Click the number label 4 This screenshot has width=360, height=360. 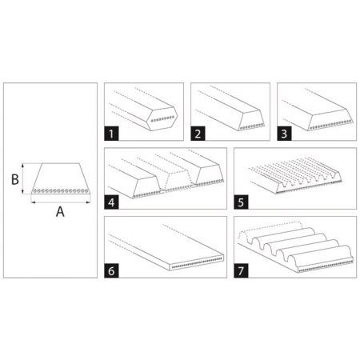tap(114, 202)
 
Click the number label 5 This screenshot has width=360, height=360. tap(241, 202)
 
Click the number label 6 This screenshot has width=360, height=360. tap(114, 270)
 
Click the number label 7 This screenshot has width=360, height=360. tap(241, 270)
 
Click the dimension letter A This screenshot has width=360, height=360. tap(60, 213)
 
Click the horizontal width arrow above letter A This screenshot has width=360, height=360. tap(60, 202)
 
